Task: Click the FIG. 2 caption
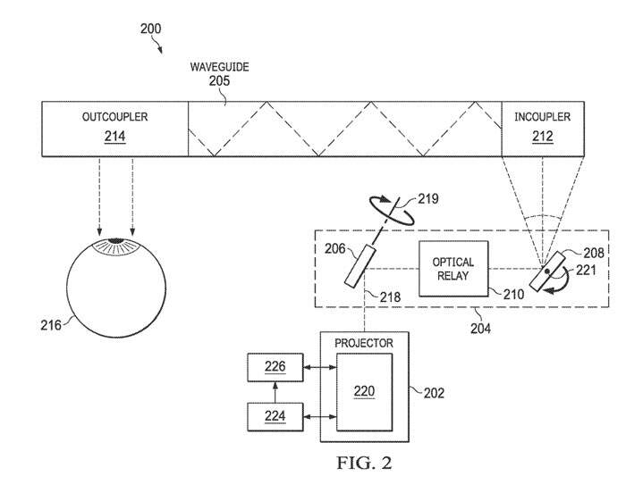(363, 463)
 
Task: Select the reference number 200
(151, 29)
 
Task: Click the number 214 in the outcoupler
(115, 137)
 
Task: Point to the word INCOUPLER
(541, 117)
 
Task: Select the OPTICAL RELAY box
(453, 268)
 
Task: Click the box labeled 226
(276, 367)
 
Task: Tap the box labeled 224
(276, 416)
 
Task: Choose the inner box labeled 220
(364, 390)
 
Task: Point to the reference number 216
(51, 326)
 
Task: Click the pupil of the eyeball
(116, 243)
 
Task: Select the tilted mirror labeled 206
(360, 266)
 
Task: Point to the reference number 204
(479, 328)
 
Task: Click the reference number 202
(433, 392)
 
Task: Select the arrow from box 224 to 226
(276, 392)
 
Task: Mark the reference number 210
(506, 293)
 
